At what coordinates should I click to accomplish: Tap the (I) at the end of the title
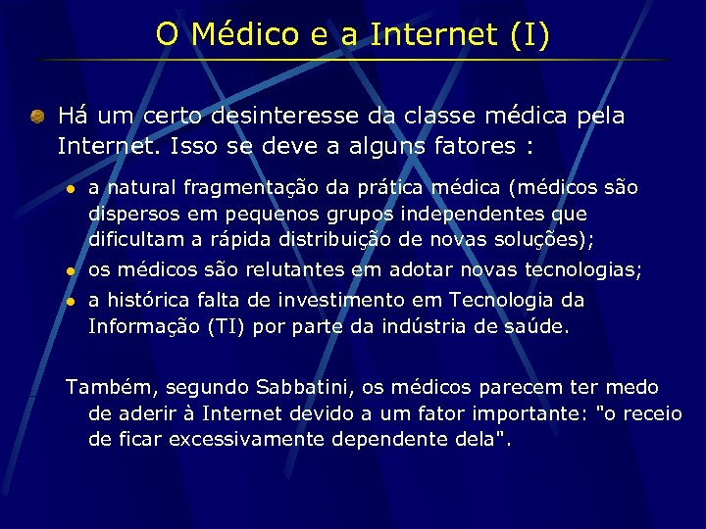[530, 34]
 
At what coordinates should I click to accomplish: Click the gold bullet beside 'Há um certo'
[36, 117]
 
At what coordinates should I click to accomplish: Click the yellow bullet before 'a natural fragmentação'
[70, 188]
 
